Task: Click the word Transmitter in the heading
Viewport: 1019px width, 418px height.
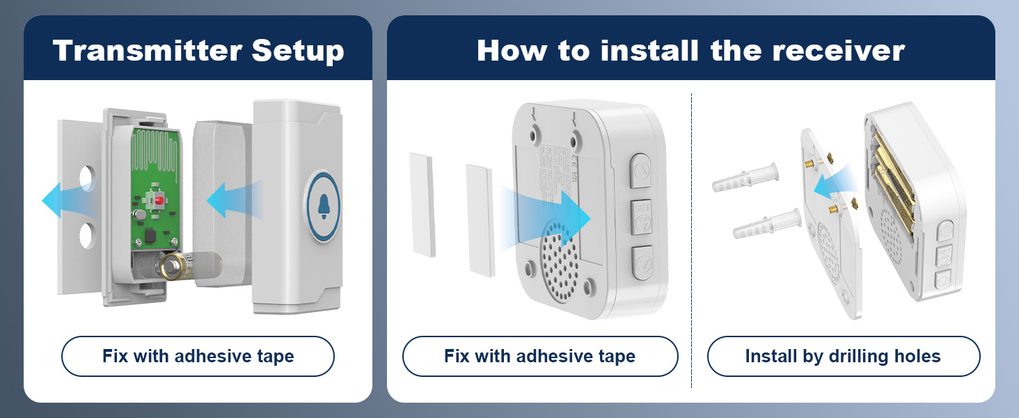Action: [x=148, y=50]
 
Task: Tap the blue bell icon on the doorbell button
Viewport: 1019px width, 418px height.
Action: [x=324, y=206]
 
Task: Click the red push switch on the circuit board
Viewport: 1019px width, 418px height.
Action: [x=159, y=201]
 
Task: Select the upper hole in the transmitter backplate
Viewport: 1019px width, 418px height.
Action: [x=87, y=178]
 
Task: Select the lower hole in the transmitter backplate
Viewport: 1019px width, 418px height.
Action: [x=86, y=235]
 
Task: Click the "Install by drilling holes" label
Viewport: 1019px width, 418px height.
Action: [x=843, y=356]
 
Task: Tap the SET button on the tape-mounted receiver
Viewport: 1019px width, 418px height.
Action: [x=642, y=217]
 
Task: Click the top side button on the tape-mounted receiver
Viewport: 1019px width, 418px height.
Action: [x=640, y=171]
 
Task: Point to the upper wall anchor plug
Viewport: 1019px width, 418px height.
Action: [x=745, y=177]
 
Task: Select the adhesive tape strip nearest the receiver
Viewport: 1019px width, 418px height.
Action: [x=480, y=220]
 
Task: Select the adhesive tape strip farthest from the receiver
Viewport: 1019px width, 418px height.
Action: [x=422, y=205]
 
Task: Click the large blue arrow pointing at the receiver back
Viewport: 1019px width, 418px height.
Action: [x=546, y=219]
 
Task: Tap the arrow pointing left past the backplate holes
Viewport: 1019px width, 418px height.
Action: [x=68, y=201]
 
